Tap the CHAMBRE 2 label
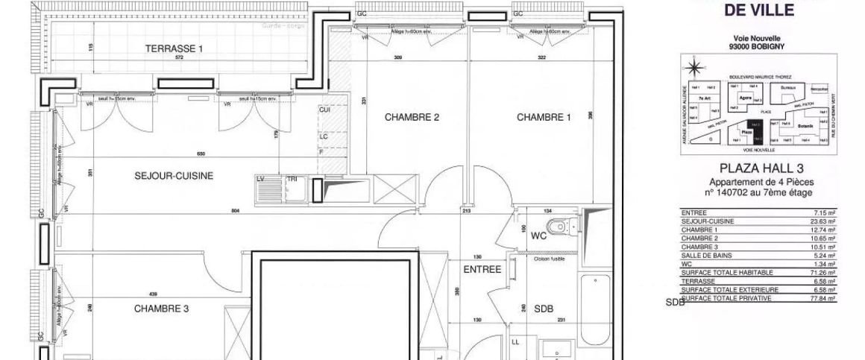point(411,117)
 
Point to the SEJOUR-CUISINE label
point(174,177)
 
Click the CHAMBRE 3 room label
point(162,309)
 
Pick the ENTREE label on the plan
point(482,269)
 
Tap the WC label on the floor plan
point(540,236)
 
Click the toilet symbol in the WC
point(560,227)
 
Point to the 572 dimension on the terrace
point(174,57)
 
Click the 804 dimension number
point(234,212)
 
